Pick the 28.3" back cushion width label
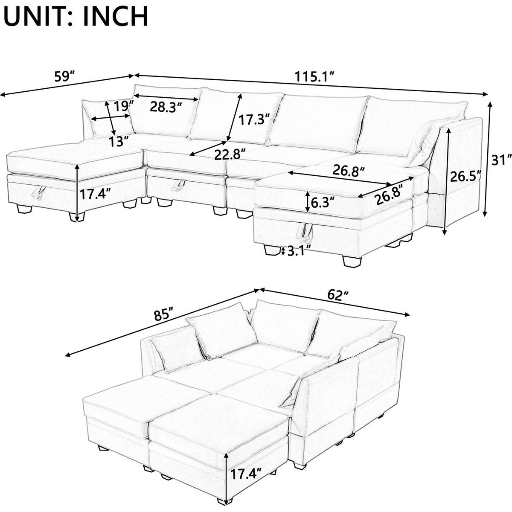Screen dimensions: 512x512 166,106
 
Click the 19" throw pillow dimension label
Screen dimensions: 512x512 124,104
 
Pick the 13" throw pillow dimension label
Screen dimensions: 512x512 118,140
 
